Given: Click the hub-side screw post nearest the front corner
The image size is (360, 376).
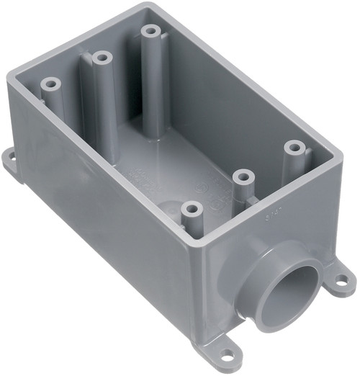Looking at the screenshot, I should tap(190, 209).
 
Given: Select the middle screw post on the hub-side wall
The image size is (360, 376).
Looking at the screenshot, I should tap(243, 176).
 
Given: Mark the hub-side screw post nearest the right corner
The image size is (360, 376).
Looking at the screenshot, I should tap(292, 147).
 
